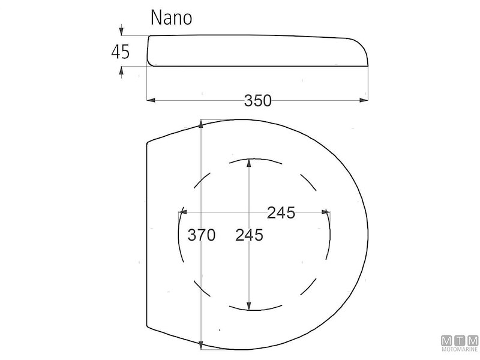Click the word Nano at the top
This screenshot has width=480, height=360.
pos(172,18)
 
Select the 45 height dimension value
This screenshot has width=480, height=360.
pos(121,52)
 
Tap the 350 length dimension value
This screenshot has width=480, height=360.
pos(258,101)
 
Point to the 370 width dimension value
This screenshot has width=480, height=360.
pos(201,235)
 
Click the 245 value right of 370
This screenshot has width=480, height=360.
pos(249,235)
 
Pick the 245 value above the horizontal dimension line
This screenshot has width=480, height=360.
pos(281,212)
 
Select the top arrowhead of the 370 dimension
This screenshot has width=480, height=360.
pos(201,124)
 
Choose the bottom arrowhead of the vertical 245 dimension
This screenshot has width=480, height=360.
pos(249,306)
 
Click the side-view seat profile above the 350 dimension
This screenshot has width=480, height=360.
pos(258,50)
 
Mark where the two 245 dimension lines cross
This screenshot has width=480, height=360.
pos(249,211)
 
